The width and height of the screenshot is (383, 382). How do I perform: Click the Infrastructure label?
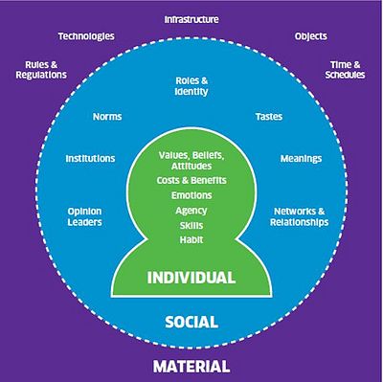[191, 19]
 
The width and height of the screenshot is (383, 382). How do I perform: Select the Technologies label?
[86, 36]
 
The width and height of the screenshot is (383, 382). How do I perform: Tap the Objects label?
[311, 36]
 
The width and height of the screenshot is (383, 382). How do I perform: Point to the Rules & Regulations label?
[41, 70]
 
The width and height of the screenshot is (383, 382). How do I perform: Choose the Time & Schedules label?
[345, 70]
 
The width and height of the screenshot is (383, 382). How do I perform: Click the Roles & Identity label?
[191, 86]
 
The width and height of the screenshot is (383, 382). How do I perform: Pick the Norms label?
[107, 117]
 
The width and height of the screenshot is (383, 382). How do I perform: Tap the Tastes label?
[269, 117]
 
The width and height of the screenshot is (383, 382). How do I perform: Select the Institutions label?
[90, 159]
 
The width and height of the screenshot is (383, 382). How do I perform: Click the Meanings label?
[301, 159]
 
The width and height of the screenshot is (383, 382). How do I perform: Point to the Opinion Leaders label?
[85, 216]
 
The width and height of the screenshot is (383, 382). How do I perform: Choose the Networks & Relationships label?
[300, 216]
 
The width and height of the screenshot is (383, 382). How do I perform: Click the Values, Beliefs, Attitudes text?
[191, 161]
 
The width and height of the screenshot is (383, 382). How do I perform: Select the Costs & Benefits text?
[191, 180]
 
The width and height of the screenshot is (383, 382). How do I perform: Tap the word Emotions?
[191, 195]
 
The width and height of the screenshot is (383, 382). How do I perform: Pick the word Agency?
[191, 211]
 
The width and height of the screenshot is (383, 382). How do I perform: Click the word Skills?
[191, 225]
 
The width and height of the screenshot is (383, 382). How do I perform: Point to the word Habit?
[191, 239]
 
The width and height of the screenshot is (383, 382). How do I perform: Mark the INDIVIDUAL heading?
[191, 278]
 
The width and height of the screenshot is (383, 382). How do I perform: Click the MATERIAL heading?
[191, 367]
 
